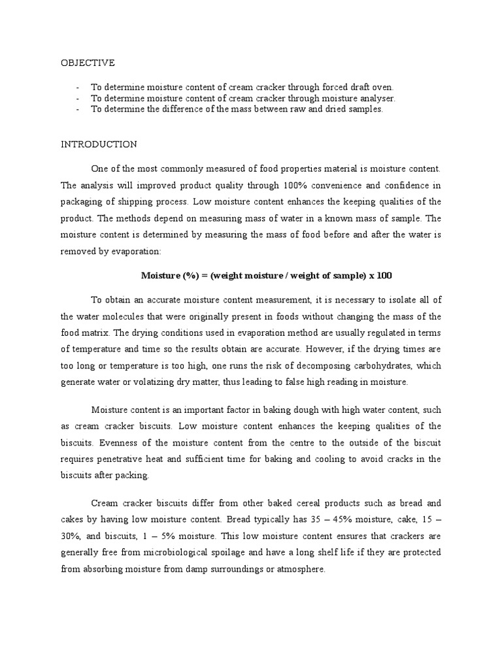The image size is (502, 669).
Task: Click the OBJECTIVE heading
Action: (88, 63)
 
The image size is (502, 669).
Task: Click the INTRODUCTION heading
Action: (99, 144)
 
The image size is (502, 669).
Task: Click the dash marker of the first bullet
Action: (78, 87)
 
